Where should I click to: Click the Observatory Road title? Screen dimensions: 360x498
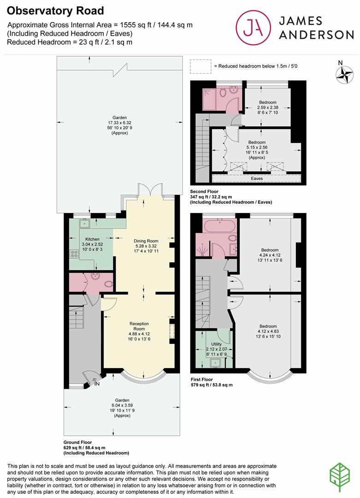pos(55,11)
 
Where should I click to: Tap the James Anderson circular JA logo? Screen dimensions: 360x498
pos(254,28)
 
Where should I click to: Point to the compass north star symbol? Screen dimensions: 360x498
pos(344,75)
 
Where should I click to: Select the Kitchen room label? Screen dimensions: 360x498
pos(92,239)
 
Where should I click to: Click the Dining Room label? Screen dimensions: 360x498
pos(146,241)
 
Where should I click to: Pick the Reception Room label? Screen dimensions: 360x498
pos(139,326)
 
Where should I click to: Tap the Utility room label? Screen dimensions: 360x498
pos(217,344)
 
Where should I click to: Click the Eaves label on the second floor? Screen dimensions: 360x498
pos(257,178)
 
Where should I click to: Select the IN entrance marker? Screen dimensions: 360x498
pos(97,384)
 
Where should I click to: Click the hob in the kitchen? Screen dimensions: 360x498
pos(74,254)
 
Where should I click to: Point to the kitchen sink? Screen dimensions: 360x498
pos(85,223)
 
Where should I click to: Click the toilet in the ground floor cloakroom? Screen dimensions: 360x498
pos(109,283)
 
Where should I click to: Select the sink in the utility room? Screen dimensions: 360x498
pos(216,362)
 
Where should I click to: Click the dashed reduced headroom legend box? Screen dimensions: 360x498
pos(201,67)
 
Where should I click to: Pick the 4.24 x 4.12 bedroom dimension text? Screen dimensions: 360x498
pos(270,255)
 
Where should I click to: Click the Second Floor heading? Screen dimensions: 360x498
pos(204,191)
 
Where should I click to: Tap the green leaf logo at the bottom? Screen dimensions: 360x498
pos(340,477)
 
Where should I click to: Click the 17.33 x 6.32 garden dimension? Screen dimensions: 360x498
pos(119,123)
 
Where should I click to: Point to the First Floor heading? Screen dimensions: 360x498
pos(201,379)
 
